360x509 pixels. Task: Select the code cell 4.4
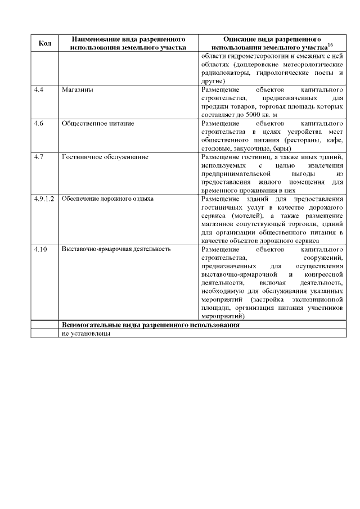pos(39,90)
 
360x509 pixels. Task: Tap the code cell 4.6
pos(39,122)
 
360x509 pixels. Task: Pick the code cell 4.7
pos(39,156)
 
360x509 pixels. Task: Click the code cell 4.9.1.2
pos(43,199)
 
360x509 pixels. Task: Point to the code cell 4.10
pos(40,249)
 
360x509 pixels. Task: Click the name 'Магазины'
pos(77,90)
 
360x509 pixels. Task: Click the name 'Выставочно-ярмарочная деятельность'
pos(115,249)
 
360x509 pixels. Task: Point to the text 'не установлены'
pos(86,333)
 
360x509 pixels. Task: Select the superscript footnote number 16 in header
pos(323,44)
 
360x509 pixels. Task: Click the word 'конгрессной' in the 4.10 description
pos(323,274)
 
